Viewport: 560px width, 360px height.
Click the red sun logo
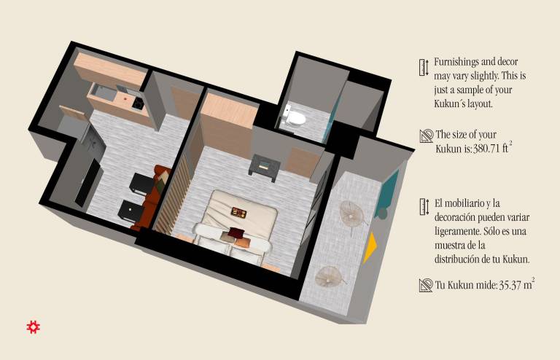coord(34,326)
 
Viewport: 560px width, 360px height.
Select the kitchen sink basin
coord(104,93)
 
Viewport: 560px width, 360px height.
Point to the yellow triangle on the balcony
coord(370,248)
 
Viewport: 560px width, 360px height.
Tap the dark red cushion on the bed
coord(236,233)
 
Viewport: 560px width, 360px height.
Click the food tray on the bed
coord(238,213)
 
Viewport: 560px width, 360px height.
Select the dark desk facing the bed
coord(264,167)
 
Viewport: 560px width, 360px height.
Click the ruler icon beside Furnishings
coord(424,68)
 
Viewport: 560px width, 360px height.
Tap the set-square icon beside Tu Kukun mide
coord(426,286)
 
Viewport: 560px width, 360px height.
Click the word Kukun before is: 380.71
coord(448,149)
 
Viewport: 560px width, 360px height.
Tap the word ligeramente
coord(457,232)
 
